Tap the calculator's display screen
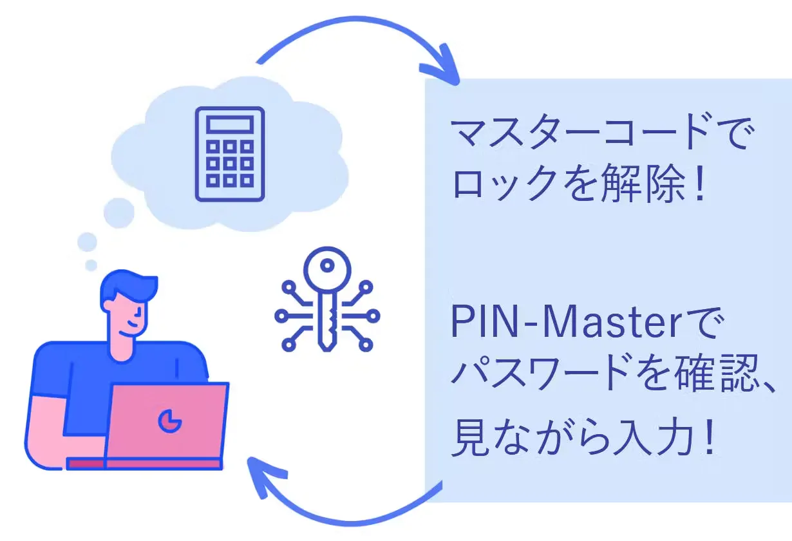click(230, 124)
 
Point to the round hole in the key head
click(326, 264)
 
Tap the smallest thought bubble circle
click(91, 265)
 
